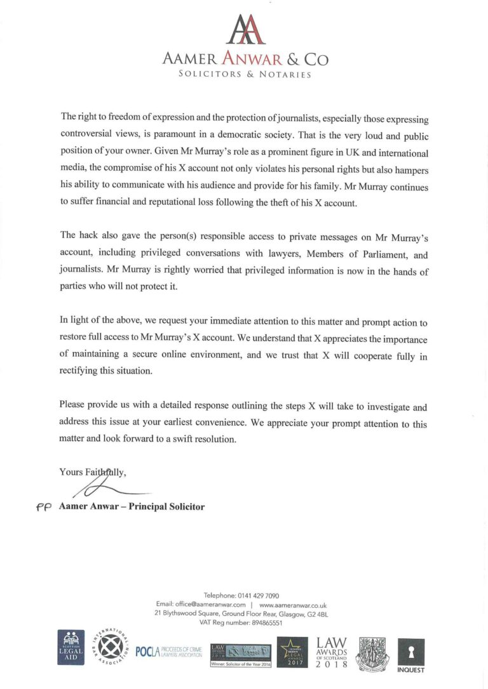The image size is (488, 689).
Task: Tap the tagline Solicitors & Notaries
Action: [245, 74]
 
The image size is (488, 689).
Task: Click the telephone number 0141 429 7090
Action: [258, 596]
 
